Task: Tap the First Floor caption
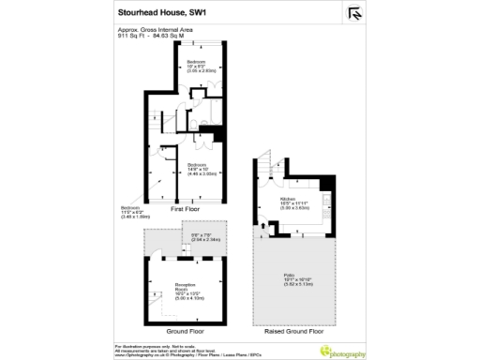(187, 211)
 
